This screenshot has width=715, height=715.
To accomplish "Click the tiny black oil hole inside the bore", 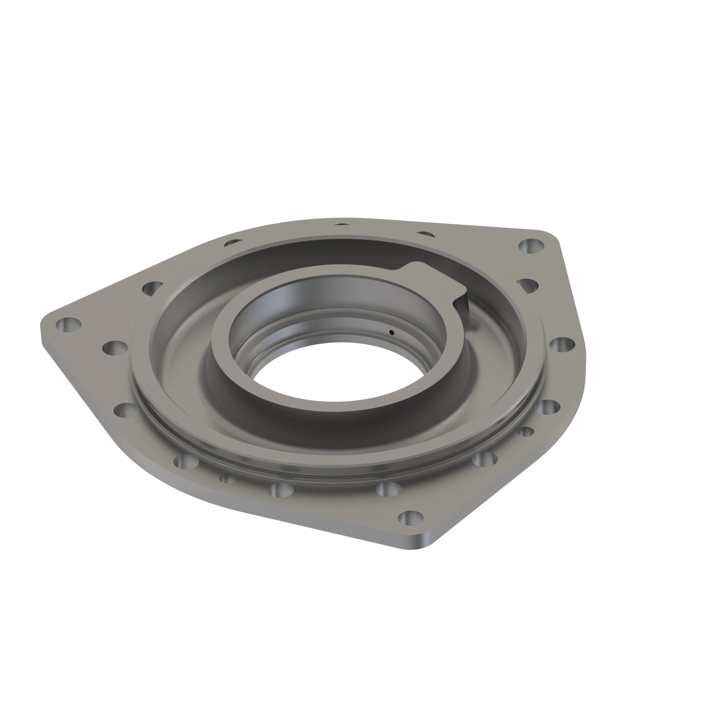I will click(391, 332).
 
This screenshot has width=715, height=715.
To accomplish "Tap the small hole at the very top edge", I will click(342, 225).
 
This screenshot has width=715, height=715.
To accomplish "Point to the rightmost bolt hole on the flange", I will click(562, 345).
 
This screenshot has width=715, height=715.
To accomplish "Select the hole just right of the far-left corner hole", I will click(115, 348).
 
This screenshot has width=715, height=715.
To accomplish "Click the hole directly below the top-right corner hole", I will click(527, 285).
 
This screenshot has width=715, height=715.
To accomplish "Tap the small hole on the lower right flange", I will click(526, 432).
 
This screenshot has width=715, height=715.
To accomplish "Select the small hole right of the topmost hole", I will click(425, 234).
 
